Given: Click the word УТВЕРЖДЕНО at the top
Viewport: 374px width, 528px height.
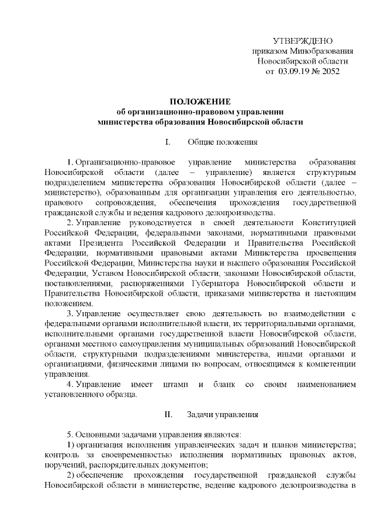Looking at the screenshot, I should pos(303,40).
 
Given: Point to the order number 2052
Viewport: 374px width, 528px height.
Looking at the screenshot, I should pos(330,72).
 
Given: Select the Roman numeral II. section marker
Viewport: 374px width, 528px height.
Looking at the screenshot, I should pos(167,415).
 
